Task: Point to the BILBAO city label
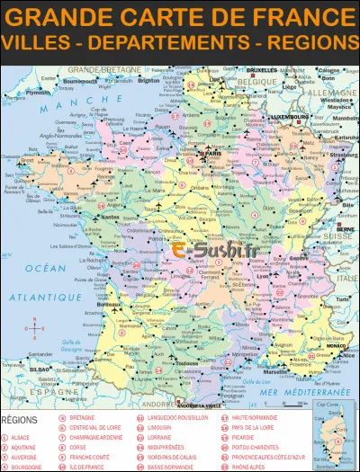[40, 369]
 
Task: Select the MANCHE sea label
[67, 106]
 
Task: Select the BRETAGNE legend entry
[82, 418]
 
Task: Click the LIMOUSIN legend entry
[160, 430]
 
